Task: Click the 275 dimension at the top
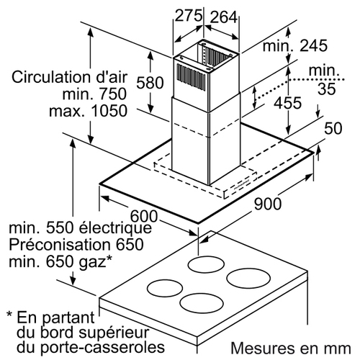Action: click(x=189, y=16)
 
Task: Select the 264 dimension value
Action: click(x=224, y=17)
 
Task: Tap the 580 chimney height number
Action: click(x=150, y=83)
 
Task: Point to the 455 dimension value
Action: click(x=288, y=103)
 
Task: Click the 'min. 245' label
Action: click(x=295, y=45)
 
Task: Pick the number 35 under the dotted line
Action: click(x=326, y=89)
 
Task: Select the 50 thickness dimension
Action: click(x=333, y=128)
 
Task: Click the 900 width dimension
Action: click(x=268, y=204)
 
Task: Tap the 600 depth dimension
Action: click(x=144, y=216)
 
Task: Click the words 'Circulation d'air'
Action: click(x=69, y=77)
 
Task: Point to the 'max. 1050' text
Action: click(x=88, y=111)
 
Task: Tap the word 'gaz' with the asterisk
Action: click(x=96, y=262)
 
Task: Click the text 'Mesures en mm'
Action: click(x=291, y=348)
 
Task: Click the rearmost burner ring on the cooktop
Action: click(x=206, y=265)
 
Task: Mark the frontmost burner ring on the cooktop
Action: click(x=200, y=302)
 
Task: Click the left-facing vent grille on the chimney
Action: click(x=192, y=77)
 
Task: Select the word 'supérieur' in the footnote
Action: click(x=114, y=333)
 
